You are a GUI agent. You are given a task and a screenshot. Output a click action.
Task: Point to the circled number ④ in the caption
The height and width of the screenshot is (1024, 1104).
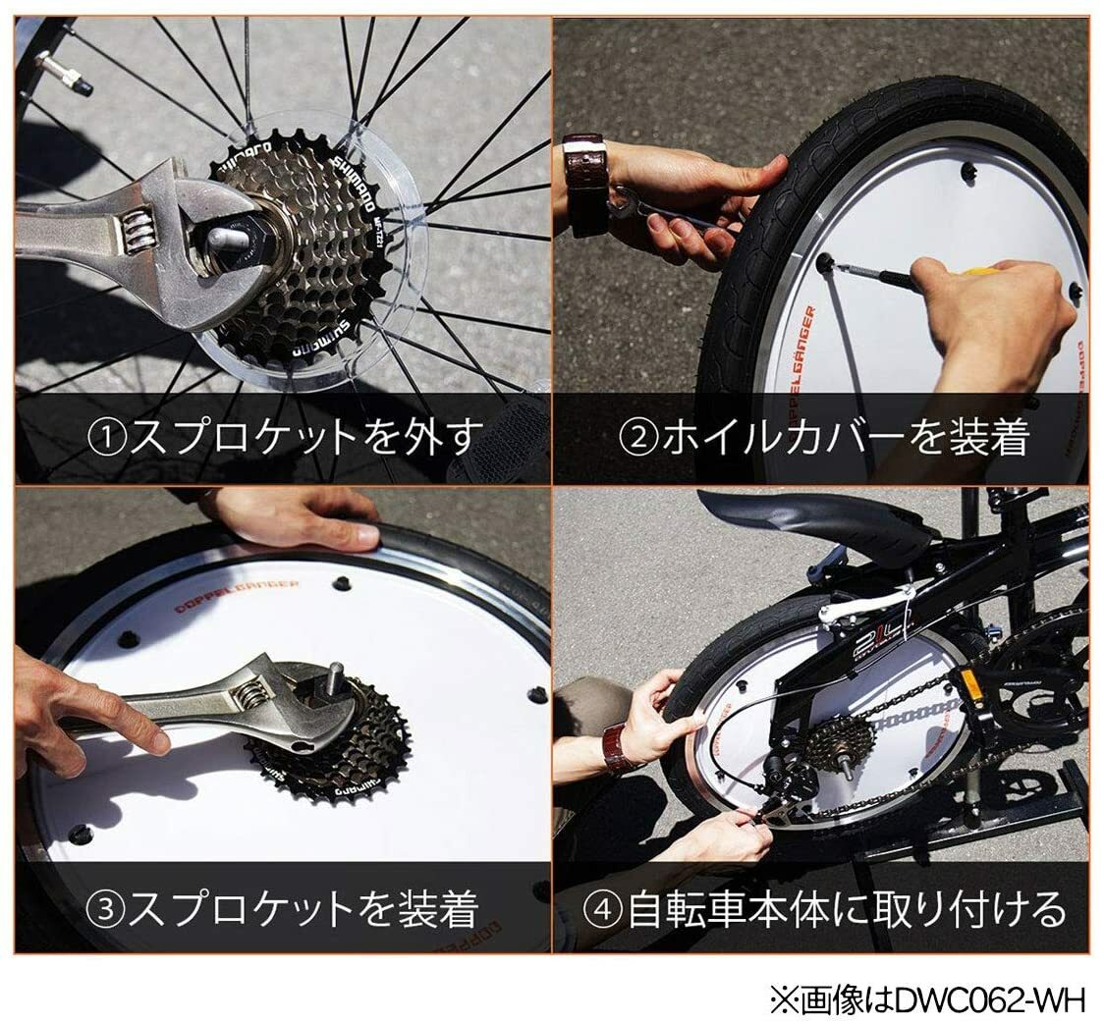tap(606, 909)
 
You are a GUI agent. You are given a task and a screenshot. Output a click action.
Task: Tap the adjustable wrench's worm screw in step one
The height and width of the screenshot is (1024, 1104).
tap(136, 237)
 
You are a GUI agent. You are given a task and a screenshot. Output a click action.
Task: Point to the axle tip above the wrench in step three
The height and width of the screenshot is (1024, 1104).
tap(334, 675)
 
